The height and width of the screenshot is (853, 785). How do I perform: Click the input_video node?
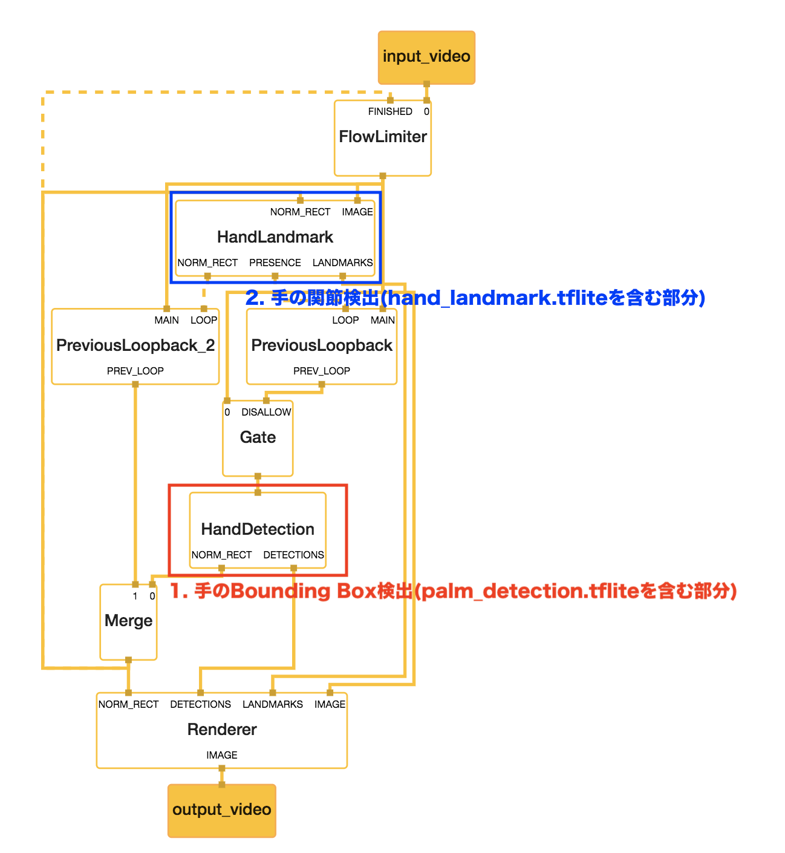pos(426,57)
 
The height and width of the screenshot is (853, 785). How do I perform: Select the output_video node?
pos(221,810)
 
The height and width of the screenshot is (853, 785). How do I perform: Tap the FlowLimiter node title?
pos(383,137)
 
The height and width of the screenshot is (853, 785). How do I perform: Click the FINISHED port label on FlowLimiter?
pos(390,112)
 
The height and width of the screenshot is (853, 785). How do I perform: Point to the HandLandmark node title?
pos(275,237)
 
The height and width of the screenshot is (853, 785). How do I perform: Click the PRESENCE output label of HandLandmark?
pos(275,263)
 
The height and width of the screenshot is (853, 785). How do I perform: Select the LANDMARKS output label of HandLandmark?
pos(342,263)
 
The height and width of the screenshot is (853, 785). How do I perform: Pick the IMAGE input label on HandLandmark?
pos(357,212)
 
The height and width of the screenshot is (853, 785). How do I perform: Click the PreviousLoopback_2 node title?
pos(135,345)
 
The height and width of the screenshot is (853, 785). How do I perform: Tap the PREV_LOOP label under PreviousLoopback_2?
pos(135,371)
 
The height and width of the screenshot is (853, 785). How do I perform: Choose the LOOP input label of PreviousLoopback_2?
pos(204,321)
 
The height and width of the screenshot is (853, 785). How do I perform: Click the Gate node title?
pos(258,437)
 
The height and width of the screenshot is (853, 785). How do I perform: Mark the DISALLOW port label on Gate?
pos(266,413)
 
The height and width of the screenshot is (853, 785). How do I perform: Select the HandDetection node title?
pos(258,529)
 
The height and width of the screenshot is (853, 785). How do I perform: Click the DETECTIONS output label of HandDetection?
pos(293,555)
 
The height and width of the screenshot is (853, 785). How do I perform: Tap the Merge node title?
pos(128,621)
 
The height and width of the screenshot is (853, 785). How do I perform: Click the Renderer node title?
pos(222,730)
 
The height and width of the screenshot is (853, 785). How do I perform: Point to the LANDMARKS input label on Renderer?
pos(273,705)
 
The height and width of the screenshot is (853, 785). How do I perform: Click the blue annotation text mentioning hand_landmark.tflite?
pos(475,298)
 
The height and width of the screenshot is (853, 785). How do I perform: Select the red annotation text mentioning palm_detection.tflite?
pos(453,591)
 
